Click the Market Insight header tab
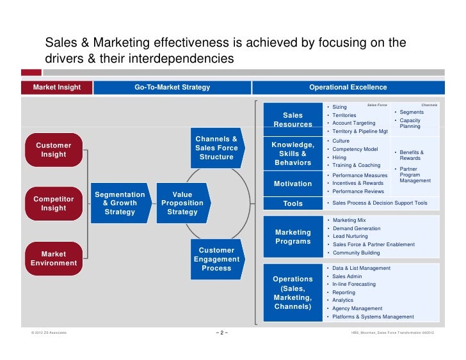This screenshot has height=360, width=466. pyautogui.click(x=57, y=87)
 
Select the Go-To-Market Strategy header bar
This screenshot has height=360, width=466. pyautogui.click(x=172, y=87)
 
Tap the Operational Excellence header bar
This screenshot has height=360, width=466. pyautogui.click(x=348, y=87)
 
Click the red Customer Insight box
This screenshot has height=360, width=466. pyautogui.click(x=54, y=150)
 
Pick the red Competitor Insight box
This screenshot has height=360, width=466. pyautogui.click(x=54, y=203)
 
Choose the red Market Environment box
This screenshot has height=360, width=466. pyautogui.click(x=54, y=258)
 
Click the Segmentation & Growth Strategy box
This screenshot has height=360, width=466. pyautogui.click(x=120, y=203)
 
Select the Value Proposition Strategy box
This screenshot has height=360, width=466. pyautogui.click(x=182, y=203)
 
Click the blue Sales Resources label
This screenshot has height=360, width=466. pyautogui.click(x=293, y=120)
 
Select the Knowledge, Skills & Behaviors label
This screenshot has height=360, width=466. pyautogui.click(x=293, y=153)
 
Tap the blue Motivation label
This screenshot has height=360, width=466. pyautogui.click(x=293, y=184)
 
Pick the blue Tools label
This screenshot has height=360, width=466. pyautogui.click(x=293, y=204)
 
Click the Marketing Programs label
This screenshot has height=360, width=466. pyautogui.click(x=293, y=237)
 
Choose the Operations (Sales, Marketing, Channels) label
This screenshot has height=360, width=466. pyautogui.click(x=293, y=293)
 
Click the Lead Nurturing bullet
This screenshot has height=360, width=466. pyautogui.click(x=353, y=236)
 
